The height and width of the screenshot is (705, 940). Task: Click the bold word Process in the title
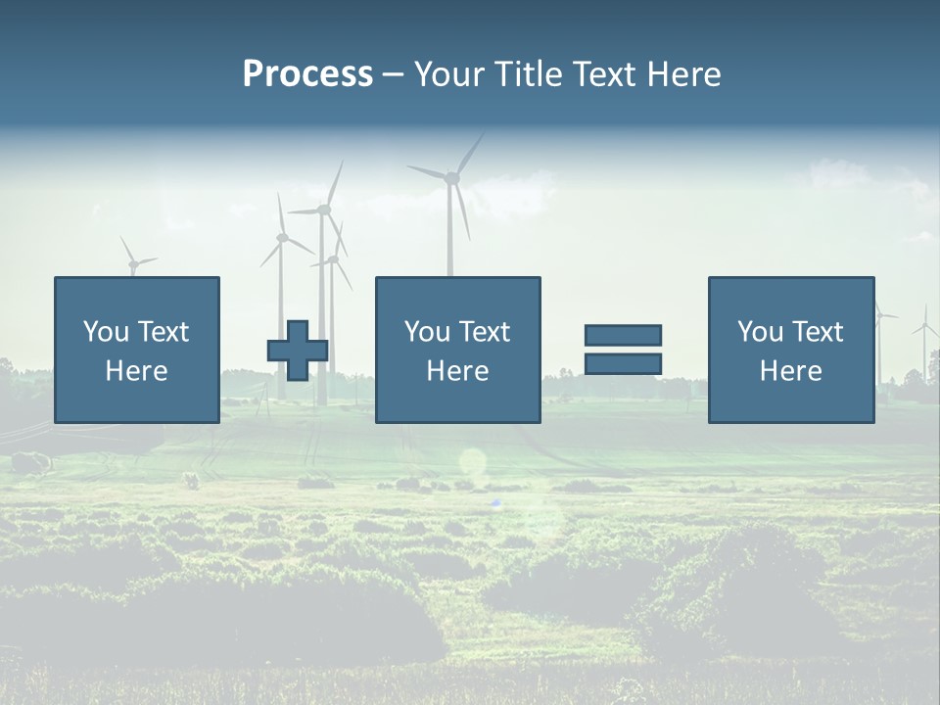(x=307, y=74)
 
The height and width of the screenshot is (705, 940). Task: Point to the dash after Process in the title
(x=393, y=75)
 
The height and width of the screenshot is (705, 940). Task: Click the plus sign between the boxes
(x=298, y=351)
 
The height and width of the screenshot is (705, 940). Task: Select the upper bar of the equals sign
(x=623, y=335)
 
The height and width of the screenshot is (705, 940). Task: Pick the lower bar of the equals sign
(x=623, y=364)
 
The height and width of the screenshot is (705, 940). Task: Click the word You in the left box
(x=106, y=332)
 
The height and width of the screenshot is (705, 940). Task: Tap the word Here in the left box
(x=136, y=371)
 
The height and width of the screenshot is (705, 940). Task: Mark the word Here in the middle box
(x=457, y=371)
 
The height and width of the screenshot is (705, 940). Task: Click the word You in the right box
(x=760, y=332)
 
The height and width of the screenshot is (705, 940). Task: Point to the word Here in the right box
(x=790, y=371)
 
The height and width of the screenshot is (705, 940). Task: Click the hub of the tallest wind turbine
(x=451, y=178)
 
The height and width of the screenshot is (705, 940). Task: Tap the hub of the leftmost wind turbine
(x=132, y=263)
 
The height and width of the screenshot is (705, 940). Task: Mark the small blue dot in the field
(x=495, y=503)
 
